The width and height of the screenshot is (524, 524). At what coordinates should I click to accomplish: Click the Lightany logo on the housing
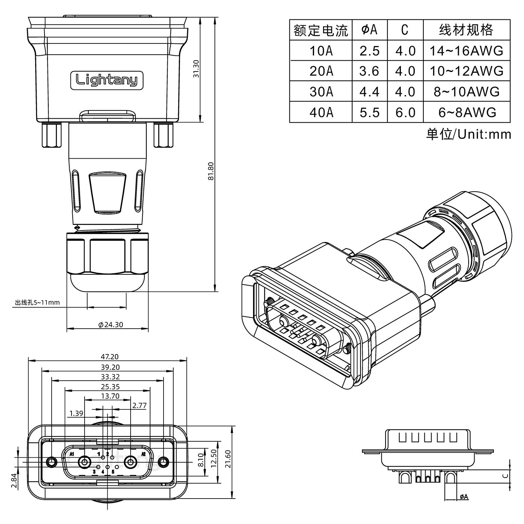click(107, 80)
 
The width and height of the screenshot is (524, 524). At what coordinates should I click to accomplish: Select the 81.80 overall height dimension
click(210, 171)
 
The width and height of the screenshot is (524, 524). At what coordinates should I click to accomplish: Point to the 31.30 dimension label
click(195, 69)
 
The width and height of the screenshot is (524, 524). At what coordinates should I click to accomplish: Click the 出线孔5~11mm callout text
click(37, 302)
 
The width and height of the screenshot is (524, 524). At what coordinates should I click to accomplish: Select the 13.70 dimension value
click(110, 396)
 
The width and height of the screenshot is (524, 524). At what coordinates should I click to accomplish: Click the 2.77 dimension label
click(139, 405)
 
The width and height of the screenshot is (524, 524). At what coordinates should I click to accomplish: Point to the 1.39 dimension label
click(76, 413)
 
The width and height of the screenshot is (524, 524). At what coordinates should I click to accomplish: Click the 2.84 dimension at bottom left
click(14, 481)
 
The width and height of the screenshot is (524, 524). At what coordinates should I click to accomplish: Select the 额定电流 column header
click(321, 30)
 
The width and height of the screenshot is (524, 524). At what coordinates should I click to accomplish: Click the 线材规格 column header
click(466, 30)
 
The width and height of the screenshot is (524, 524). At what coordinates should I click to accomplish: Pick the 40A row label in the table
click(321, 112)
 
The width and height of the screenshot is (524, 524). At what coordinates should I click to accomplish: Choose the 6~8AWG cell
click(466, 112)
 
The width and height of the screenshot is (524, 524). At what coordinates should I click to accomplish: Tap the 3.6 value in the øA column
click(369, 71)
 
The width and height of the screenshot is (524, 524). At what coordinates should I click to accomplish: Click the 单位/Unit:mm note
click(468, 134)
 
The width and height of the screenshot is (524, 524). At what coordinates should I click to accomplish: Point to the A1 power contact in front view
click(84, 463)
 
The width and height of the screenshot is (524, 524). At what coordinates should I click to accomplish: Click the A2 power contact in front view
click(131, 463)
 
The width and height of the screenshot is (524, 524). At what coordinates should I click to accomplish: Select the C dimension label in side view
click(505, 476)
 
